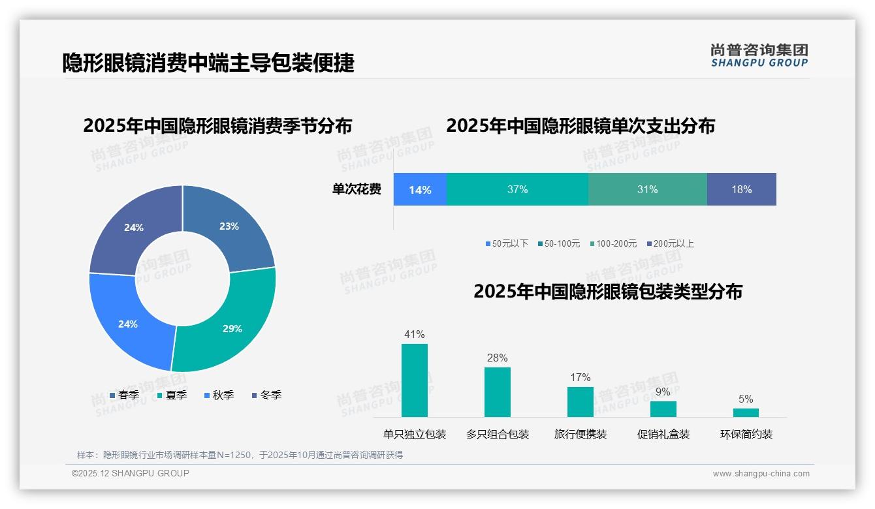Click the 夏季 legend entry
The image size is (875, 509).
[172, 395]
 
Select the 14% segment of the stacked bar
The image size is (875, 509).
[420, 190]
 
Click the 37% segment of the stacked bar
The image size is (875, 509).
[517, 190]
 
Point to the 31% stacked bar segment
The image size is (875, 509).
[647, 190]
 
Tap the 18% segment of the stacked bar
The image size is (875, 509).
[741, 190]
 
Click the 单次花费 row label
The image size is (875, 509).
[357, 190]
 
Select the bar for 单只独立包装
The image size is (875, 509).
[415, 380]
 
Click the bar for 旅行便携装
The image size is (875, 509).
[580, 401]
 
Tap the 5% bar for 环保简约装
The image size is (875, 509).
[746, 412]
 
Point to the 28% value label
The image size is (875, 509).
[497, 358]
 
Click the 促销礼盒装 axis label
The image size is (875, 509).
[663, 434]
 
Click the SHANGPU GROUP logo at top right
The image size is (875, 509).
[759, 55]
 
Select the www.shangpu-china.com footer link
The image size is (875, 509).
[761, 474]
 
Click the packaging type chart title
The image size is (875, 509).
[607, 291]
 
